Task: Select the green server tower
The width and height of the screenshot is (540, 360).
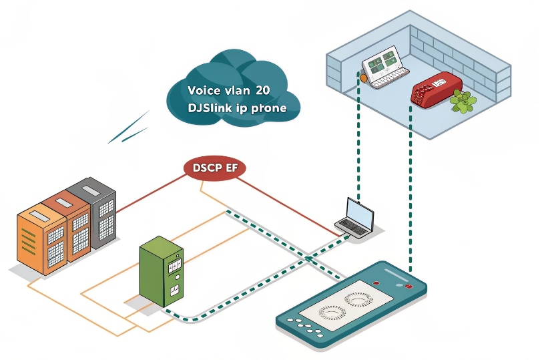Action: [160, 271]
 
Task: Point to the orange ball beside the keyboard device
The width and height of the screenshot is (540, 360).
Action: [364, 77]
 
